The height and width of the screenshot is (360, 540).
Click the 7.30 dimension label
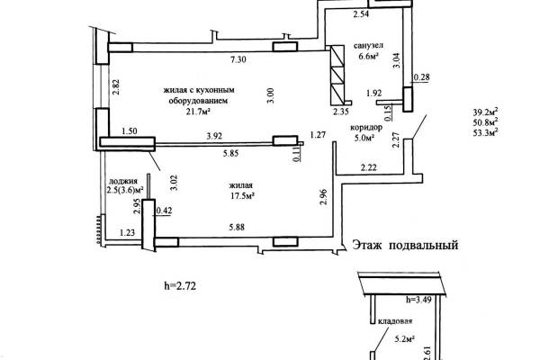pos(238,59)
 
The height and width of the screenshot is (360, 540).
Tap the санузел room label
pos(368,46)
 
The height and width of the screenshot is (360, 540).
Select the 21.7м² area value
pos(198,112)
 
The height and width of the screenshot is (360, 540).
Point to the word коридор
pos(366,128)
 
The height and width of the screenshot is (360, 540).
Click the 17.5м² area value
pos(242,196)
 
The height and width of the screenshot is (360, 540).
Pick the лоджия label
pos(123,181)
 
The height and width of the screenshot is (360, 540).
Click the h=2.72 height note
pos(180,286)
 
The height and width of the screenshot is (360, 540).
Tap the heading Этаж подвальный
pos(405,246)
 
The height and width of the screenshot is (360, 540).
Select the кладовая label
pos(395,321)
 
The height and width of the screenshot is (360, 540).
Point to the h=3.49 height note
pos(418,300)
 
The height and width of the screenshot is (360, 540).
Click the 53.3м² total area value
pos(486,133)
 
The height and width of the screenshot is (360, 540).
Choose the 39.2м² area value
pos(486,112)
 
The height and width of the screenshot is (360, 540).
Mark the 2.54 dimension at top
pos(361,14)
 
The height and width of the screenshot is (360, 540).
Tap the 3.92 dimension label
pos(214,137)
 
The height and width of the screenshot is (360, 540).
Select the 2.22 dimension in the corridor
pos(368,167)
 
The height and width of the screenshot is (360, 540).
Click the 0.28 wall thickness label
pos(421,77)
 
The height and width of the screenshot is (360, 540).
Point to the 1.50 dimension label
pos(130,131)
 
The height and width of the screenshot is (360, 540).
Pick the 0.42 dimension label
pos(164,211)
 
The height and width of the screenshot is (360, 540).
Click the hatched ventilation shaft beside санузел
pos(337,75)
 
